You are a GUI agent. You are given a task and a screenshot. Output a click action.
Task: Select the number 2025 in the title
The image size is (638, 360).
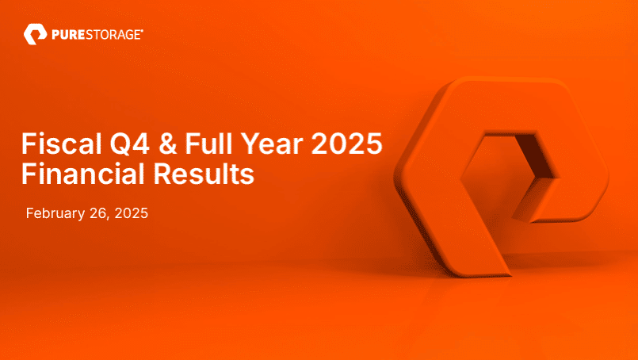346,145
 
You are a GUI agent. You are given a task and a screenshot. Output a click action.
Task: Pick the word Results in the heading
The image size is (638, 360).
209,173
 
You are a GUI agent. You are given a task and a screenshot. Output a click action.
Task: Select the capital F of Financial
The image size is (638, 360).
29,173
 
